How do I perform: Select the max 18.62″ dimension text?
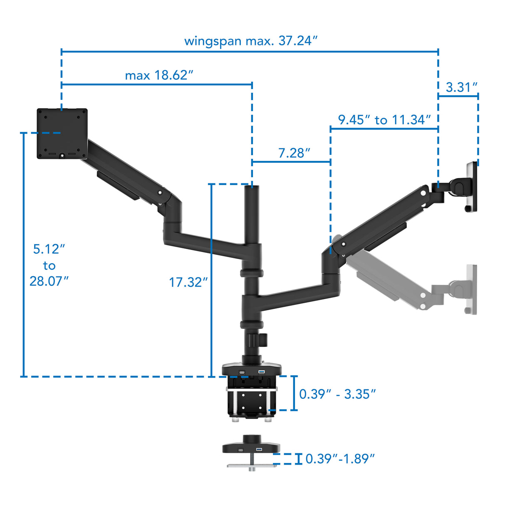click(159, 75)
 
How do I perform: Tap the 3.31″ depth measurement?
click(461, 87)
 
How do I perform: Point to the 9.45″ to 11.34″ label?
click(384, 120)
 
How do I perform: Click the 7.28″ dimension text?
click(294, 153)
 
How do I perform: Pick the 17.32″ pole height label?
click(188, 282)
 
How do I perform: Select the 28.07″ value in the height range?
click(49, 281)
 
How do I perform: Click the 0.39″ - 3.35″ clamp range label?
click(337, 394)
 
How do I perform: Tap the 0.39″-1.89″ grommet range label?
click(340, 459)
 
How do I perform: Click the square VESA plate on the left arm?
click(62, 134)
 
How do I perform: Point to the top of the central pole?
click(252, 188)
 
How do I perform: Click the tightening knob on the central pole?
click(263, 340)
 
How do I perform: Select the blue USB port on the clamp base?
click(262, 371)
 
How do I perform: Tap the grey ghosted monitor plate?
click(471, 289)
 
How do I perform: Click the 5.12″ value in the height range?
click(49, 249)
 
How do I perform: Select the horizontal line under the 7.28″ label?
click(291, 162)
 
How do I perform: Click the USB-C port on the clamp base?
click(241, 372)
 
